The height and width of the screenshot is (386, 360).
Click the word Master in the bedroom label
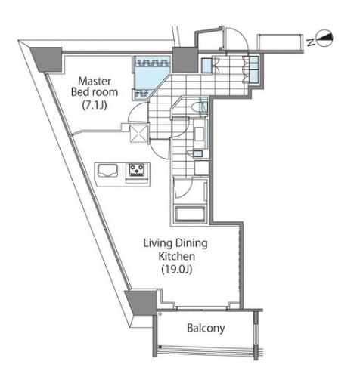(95, 82)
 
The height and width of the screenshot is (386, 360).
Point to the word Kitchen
(176, 256)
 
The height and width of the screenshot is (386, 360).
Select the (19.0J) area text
(177, 270)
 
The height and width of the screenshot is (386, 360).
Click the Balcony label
(206, 329)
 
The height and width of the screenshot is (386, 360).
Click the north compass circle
(324, 39)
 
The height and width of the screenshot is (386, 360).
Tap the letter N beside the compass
(312, 43)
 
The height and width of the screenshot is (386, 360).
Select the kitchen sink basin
(107, 171)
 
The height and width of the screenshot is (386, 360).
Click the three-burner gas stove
(137, 170)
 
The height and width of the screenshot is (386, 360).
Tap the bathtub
(190, 215)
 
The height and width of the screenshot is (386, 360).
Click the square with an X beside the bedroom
(138, 134)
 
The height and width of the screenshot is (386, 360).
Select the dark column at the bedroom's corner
(47, 60)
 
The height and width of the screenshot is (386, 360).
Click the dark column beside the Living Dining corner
(142, 302)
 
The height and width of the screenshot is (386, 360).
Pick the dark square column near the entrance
(185, 60)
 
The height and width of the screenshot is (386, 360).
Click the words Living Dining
(175, 244)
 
